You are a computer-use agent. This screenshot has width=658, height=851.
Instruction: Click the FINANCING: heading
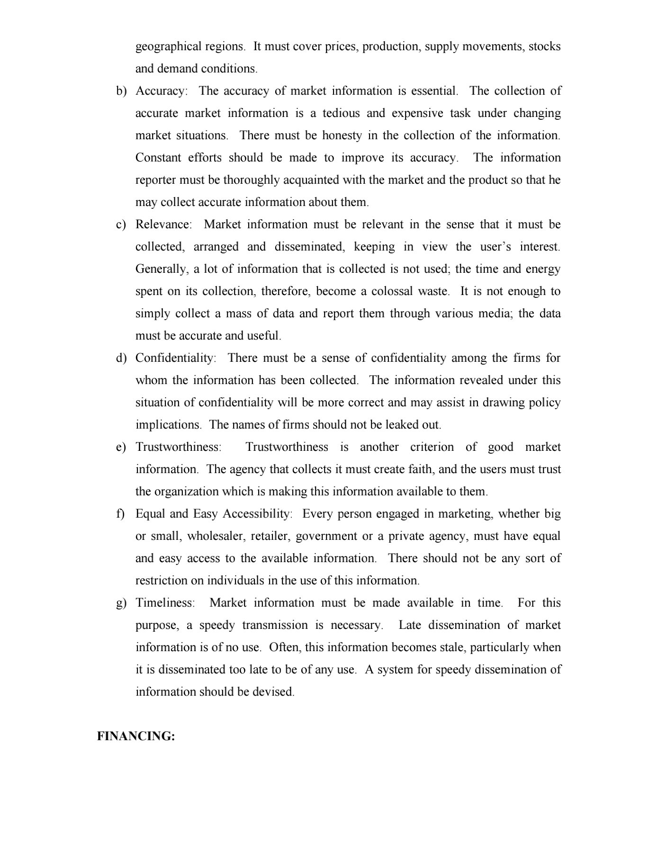(x=136, y=736)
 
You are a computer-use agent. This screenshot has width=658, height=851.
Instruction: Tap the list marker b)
(x=121, y=91)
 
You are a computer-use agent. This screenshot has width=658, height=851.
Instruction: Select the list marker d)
(x=121, y=358)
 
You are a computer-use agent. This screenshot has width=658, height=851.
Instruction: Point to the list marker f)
(x=120, y=514)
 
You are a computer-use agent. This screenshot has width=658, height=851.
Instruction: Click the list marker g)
(x=121, y=603)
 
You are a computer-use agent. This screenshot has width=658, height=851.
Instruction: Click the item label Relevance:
(x=164, y=224)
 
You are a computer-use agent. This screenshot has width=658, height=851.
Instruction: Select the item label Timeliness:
(x=165, y=603)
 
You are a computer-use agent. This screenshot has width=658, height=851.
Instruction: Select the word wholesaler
(x=215, y=536)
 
